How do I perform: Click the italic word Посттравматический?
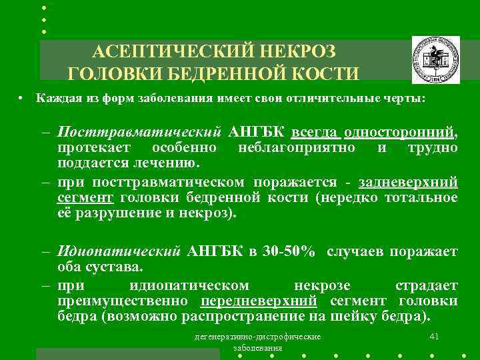click(139, 130)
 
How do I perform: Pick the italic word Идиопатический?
click(119, 251)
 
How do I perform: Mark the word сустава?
click(119, 268)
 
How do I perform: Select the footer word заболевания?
click(258, 348)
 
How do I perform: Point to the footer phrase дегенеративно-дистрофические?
click(257, 337)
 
